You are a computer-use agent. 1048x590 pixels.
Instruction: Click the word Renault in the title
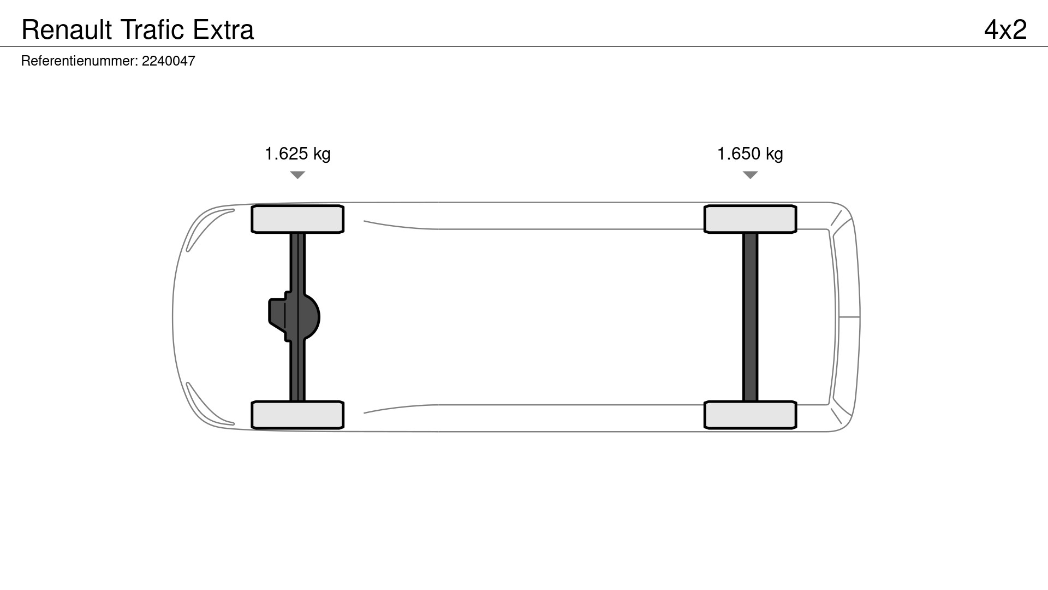point(67,29)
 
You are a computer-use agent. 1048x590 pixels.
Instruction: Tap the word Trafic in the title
point(152,29)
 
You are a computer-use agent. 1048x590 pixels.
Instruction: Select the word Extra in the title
point(223,29)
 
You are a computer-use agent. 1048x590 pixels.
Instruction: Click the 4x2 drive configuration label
point(1005,29)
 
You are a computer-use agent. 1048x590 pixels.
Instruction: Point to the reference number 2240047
point(169,61)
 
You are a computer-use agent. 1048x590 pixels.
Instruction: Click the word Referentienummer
point(79,61)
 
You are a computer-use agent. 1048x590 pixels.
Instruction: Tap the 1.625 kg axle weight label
point(297,154)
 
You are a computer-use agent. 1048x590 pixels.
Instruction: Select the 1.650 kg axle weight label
point(750,154)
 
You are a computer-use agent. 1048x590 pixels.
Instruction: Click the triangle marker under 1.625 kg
point(297,175)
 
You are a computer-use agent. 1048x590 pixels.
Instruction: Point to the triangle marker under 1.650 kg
point(751,175)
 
